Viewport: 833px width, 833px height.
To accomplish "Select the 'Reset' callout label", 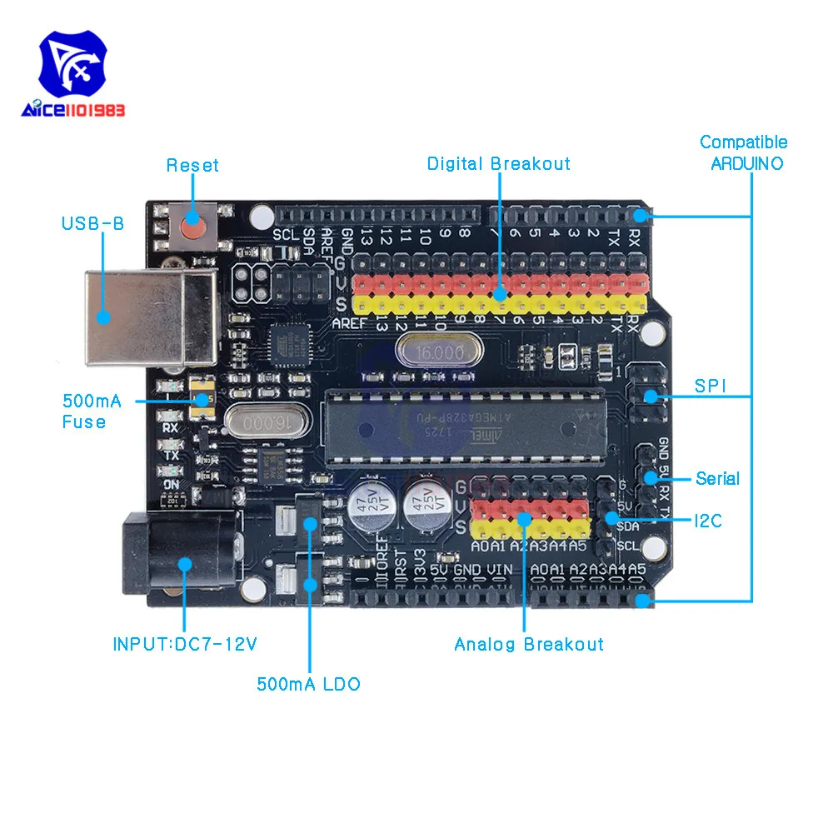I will click(x=192, y=165).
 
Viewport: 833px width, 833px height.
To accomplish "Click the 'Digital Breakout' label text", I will click(x=499, y=163).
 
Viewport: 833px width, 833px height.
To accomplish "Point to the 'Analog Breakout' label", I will click(x=529, y=644).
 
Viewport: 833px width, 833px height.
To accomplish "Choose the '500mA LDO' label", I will click(x=309, y=684).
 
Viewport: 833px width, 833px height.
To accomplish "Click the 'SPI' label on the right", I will click(x=711, y=387).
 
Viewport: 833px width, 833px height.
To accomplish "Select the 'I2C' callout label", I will click(x=708, y=521).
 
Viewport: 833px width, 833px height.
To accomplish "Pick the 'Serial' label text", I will click(x=717, y=478).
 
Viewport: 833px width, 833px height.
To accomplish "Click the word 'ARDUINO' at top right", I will click(x=746, y=163).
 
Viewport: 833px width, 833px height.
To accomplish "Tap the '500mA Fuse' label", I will click(x=92, y=412).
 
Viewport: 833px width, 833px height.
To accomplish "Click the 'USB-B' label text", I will click(x=92, y=223).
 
